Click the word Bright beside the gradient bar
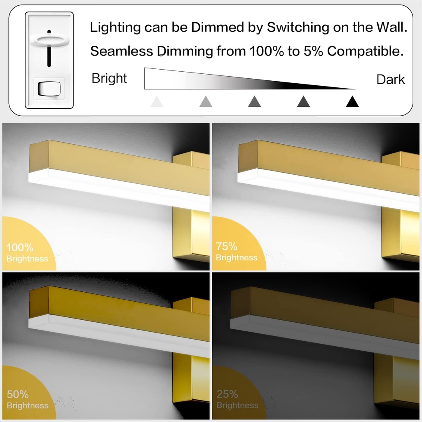[109, 78]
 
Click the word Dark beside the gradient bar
[391, 80]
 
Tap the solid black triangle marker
[352, 102]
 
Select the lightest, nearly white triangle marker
[157, 102]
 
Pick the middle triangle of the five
[255, 102]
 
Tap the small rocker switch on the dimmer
[49, 89]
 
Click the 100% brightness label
[20, 248]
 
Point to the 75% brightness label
[227, 247]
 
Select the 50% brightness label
[18, 395]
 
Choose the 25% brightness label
[227, 394]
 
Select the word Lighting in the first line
[115, 28]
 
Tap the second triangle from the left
[206, 102]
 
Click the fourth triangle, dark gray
[303, 102]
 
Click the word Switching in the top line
[298, 28]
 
